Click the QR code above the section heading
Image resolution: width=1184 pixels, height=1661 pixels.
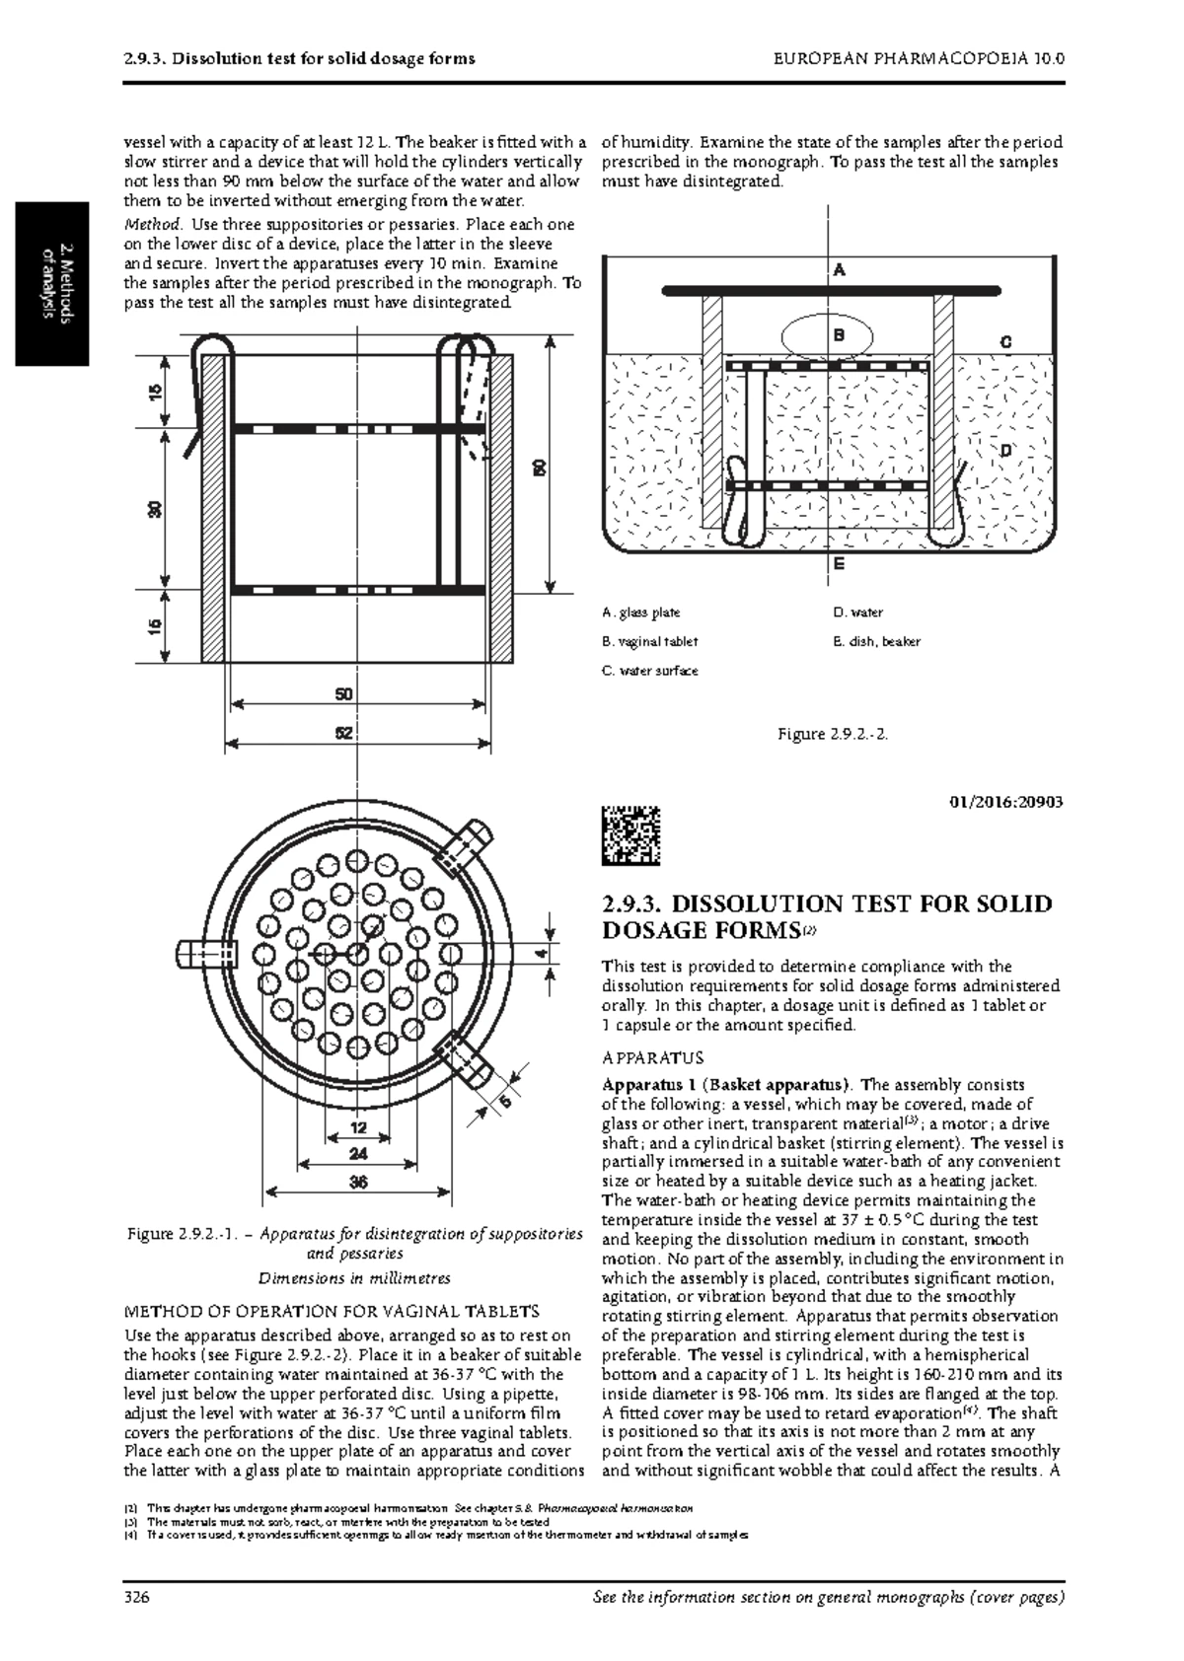[x=631, y=834]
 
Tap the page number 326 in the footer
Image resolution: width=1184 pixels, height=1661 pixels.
[x=136, y=1598]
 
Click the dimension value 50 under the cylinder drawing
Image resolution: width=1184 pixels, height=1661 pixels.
[x=342, y=694]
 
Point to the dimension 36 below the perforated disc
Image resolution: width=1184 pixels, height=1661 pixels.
[x=358, y=1182]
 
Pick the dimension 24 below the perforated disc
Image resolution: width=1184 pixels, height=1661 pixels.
[x=358, y=1153]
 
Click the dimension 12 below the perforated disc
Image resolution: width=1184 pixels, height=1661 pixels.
[x=358, y=1126]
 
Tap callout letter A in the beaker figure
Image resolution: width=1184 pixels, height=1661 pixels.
[x=840, y=269]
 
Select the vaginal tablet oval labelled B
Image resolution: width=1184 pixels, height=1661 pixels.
[x=827, y=335]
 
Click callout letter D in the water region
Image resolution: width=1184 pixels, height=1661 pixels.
[x=1005, y=450]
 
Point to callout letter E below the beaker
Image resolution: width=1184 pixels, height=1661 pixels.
[x=839, y=564]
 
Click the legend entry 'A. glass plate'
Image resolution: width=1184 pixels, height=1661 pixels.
[x=642, y=613]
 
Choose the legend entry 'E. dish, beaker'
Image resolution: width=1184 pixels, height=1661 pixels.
[x=877, y=641]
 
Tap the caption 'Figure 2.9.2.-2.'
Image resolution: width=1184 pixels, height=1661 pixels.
[x=832, y=734]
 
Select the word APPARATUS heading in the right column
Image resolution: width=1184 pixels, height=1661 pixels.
[x=652, y=1058]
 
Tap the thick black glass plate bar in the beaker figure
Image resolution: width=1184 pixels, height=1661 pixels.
[x=831, y=290]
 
